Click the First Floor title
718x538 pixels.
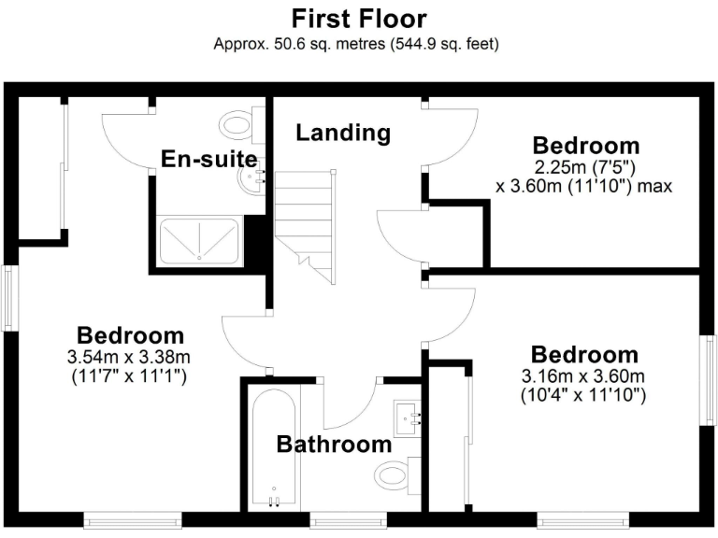[358, 19]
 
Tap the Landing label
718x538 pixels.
[343, 133]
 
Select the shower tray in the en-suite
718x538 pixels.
[200, 240]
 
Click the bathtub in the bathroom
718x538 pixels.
[274, 446]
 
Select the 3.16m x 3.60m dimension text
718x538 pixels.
[584, 376]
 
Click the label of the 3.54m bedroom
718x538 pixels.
[130, 335]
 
